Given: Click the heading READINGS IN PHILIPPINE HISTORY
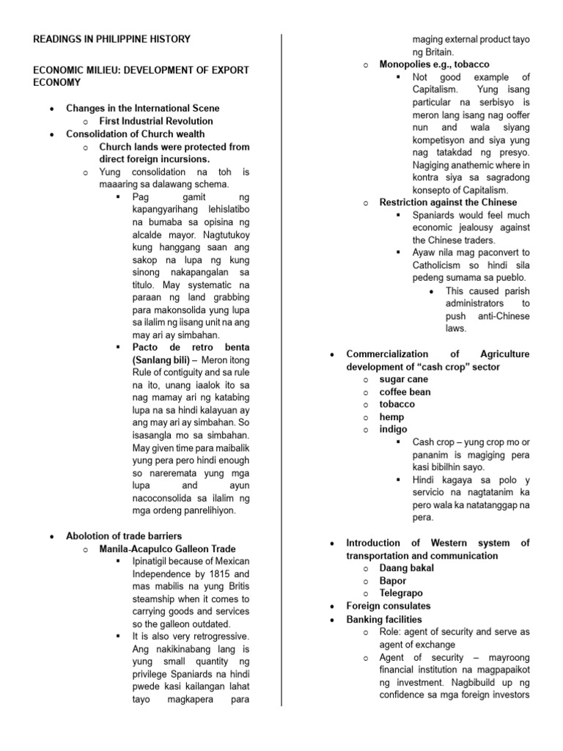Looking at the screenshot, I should [x=111, y=39].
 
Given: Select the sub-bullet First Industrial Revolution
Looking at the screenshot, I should [x=156, y=121].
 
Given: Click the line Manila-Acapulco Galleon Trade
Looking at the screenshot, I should [x=168, y=549].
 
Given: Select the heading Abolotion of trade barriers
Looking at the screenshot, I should [x=124, y=536].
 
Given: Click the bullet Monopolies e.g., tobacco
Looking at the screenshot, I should [x=434, y=65].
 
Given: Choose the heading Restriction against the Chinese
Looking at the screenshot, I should [x=448, y=202].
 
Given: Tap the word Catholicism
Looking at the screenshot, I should [x=442, y=265].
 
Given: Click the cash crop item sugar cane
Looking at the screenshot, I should [x=403, y=380].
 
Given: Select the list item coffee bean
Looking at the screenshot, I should [x=405, y=392].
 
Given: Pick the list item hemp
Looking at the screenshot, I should [x=391, y=417].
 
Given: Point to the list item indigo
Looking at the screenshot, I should [x=393, y=430].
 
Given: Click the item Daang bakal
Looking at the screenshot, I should [x=406, y=568].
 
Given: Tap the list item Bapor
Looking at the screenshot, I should [x=393, y=581].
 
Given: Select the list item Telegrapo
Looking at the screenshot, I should [x=401, y=593].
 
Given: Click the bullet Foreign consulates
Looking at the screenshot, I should [x=389, y=606].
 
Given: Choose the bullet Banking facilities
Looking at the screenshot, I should [x=384, y=619].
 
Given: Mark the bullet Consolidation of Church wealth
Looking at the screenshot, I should [x=135, y=133].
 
